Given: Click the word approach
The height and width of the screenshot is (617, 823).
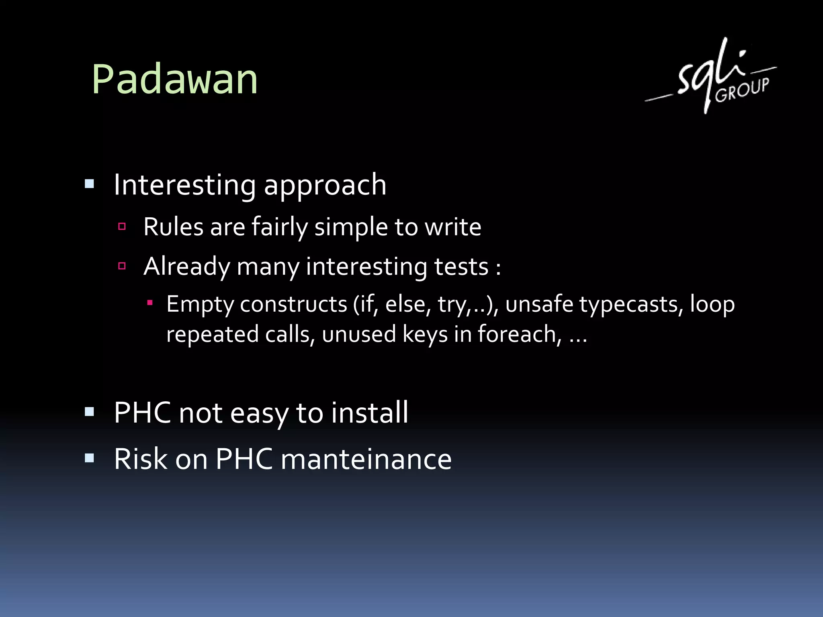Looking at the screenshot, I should [325, 186].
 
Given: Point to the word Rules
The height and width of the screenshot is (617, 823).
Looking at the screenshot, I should [173, 227].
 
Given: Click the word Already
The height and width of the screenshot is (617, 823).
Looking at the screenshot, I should [186, 266].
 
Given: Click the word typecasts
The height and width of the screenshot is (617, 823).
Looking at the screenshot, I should [631, 304].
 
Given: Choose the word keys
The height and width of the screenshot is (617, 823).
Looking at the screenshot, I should [425, 334].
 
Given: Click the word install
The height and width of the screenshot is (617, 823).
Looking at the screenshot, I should [370, 413].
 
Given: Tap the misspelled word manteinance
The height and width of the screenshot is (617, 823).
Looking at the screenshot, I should [366, 459].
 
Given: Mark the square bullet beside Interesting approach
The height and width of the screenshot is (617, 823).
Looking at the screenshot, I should [90, 184].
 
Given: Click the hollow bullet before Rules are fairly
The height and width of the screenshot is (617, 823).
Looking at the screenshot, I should [122, 227].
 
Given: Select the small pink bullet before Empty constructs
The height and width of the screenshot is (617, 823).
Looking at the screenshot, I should [149, 302].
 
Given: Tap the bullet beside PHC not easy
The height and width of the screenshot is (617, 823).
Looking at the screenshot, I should [90, 412].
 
